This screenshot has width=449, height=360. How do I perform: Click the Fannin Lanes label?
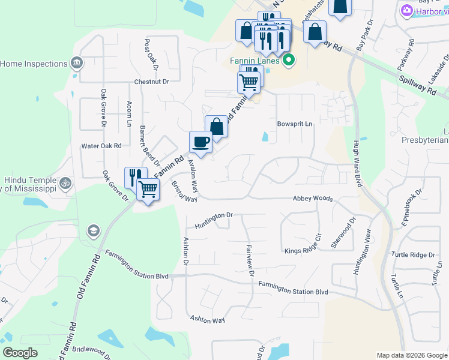pyautogui.click(x=255, y=60)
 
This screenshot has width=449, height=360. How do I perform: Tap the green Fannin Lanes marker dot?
pyautogui.click(x=289, y=59)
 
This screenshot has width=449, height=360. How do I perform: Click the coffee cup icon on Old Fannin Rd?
pyautogui.click(x=200, y=142)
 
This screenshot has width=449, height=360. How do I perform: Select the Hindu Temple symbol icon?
pyautogui.click(x=67, y=181)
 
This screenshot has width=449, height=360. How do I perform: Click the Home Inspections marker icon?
pyautogui.click(x=77, y=62)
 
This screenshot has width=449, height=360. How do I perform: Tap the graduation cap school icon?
pyautogui.click(x=94, y=231)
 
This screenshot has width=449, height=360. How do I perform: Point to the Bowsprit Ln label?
pyautogui.click(x=295, y=124)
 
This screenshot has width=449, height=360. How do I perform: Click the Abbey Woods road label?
pyautogui.click(x=312, y=198)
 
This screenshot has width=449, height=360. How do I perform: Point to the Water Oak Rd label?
pyautogui.click(x=101, y=146)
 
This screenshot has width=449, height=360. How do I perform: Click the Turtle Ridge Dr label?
pyautogui.click(x=413, y=255)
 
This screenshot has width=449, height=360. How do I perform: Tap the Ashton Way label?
pyautogui.click(x=207, y=320)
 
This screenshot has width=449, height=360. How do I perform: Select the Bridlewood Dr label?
pyautogui.click(x=90, y=350)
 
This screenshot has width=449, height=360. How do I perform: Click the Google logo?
pyautogui.click(x=20, y=353)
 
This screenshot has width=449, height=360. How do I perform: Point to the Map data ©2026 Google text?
pyautogui.click(x=412, y=355)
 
